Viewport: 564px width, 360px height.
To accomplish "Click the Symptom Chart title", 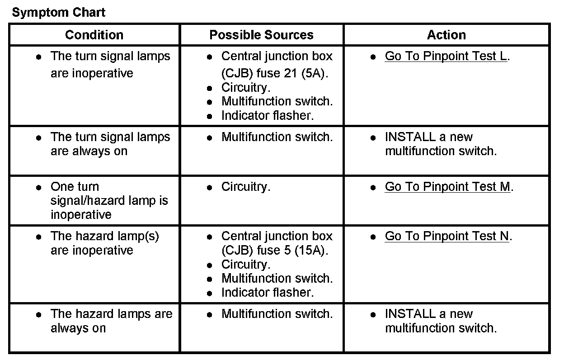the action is (x=58, y=12).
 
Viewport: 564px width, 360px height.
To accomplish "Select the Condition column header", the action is (x=94, y=35).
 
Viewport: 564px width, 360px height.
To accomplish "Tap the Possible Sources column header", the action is (x=261, y=35).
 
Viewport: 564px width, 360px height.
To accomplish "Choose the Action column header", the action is (x=446, y=35).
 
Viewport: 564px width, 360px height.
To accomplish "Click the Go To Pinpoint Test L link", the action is (x=446, y=57).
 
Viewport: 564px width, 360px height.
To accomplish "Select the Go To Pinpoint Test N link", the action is (x=447, y=236).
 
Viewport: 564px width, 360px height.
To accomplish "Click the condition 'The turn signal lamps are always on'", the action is (x=110, y=144).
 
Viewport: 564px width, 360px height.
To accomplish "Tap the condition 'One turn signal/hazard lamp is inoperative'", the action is (x=109, y=200).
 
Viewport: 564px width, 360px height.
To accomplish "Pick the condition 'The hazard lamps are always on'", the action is (x=111, y=321).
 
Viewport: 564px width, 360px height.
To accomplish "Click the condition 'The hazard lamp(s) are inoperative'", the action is (x=104, y=243).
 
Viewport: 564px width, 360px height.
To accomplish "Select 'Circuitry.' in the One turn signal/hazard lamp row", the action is (x=245, y=187).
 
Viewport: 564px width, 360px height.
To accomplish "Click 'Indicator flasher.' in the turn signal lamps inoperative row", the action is (x=267, y=116).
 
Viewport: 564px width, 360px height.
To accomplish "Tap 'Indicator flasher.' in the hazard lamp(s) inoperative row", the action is (x=267, y=293).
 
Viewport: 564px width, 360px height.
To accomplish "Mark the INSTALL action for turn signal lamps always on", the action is (x=440, y=144).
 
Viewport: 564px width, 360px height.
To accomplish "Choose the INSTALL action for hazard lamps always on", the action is (x=440, y=321).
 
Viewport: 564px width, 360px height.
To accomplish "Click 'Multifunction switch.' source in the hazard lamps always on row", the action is (x=277, y=314).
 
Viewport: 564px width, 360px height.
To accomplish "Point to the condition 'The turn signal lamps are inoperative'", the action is (x=110, y=64).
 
